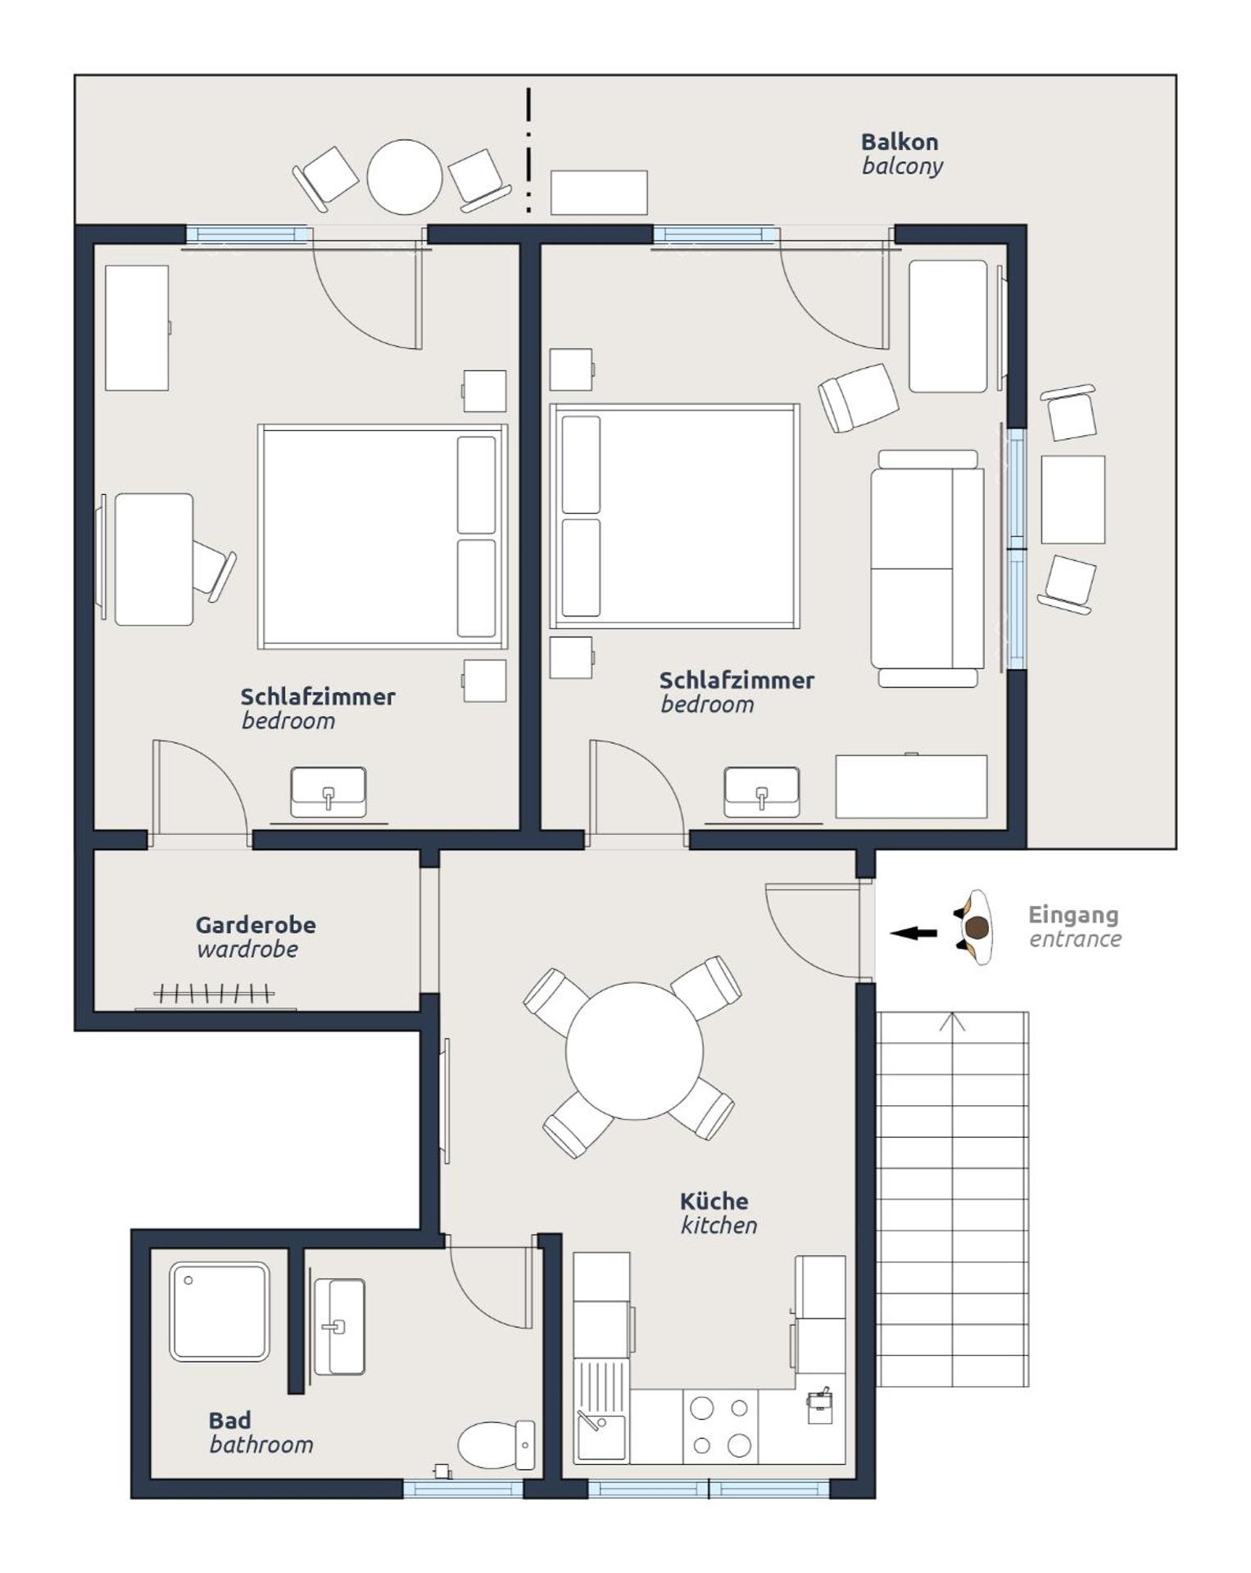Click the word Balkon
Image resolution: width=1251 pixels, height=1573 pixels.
[x=899, y=142]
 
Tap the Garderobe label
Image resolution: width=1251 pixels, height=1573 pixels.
[x=255, y=925]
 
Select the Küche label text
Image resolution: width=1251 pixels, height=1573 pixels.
[x=714, y=1201]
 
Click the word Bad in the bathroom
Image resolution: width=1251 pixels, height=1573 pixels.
[x=229, y=1420]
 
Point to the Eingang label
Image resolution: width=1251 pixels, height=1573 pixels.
[x=1072, y=914]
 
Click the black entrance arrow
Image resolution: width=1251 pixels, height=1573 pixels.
[x=913, y=932]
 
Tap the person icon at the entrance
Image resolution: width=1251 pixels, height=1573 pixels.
[x=976, y=927]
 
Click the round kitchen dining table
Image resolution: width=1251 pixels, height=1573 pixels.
[x=633, y=1050]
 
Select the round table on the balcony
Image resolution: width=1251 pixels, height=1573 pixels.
[x=404, y=177]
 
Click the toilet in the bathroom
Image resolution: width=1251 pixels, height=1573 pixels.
[x=494, y=1444]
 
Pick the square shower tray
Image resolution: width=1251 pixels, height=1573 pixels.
[x=219, y=1312]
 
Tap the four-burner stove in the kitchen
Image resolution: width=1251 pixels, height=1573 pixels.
[x=720, y=1426]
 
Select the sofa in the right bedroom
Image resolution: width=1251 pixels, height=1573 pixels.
[x=926, y=569]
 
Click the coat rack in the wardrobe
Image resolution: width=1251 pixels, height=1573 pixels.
[x=214, y=995]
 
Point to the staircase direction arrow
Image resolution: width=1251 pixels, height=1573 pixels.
[x=951, y=1022]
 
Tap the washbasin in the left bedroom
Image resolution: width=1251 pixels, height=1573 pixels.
[x=328, y=791]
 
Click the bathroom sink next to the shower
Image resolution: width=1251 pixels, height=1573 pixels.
[x=338, y=1326]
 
